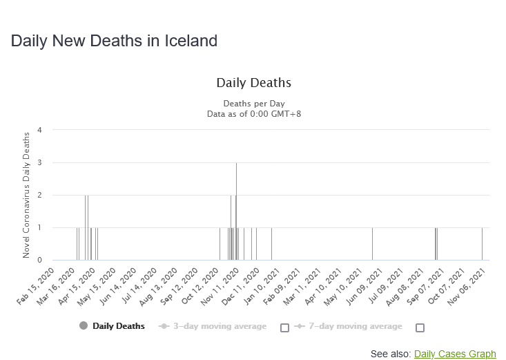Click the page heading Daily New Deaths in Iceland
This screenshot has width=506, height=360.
pos(114,41)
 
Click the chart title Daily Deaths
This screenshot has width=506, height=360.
pos(253,83)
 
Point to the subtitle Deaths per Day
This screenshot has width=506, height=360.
pos(253,104)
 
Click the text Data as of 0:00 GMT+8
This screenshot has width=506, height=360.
pos(253,113)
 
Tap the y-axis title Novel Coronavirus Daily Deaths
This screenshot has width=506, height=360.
pos(27,195)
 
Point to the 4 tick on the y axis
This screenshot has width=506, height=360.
pos(40,130)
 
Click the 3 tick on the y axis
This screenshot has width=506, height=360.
pos(40,162)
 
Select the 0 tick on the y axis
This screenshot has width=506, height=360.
pos(40,260)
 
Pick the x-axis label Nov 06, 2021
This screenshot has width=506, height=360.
pos(471,283)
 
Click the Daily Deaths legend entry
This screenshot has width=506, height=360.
pos(118,326)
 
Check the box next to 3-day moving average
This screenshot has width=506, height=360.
pos(284,328)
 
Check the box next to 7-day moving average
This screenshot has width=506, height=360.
pos(420,328)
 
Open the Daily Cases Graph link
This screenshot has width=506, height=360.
pos(455,354)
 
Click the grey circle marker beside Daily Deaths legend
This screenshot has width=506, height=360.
pos(84,326)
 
